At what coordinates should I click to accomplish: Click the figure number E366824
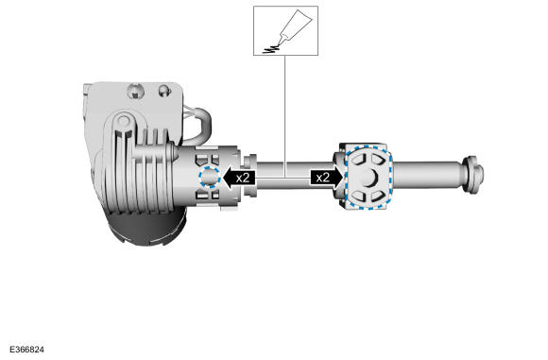point(26,350)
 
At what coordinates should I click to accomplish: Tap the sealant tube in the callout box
point(294,26)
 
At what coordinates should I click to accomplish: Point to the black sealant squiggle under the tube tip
point(271,50)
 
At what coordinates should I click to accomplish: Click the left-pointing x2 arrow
point(239,178)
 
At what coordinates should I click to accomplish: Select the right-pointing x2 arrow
point(326,178)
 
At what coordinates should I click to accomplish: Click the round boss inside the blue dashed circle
point(210,178)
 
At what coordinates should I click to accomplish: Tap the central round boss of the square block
point(368,178)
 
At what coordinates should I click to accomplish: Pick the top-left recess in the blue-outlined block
point(358,159)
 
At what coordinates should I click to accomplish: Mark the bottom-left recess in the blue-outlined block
point(358,196)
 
